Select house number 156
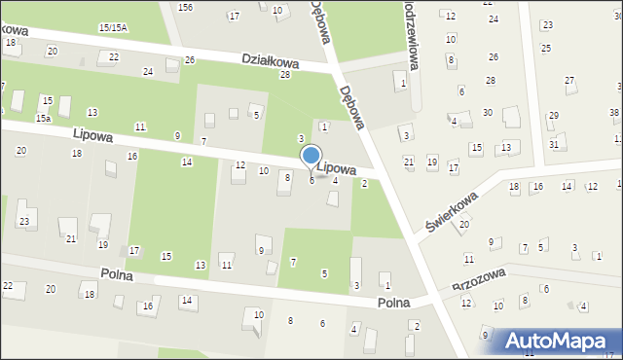click(185, 7)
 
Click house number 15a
click(43, 118)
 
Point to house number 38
click(614, 113)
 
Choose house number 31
click(553, 144)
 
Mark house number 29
click(553, 116)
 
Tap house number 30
click(487, 113)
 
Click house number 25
click(545, 48)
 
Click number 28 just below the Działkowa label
click(285, 75)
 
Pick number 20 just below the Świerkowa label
click(464, 224)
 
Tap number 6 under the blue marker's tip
click(311, 180)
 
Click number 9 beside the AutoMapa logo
click(484, 335)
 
